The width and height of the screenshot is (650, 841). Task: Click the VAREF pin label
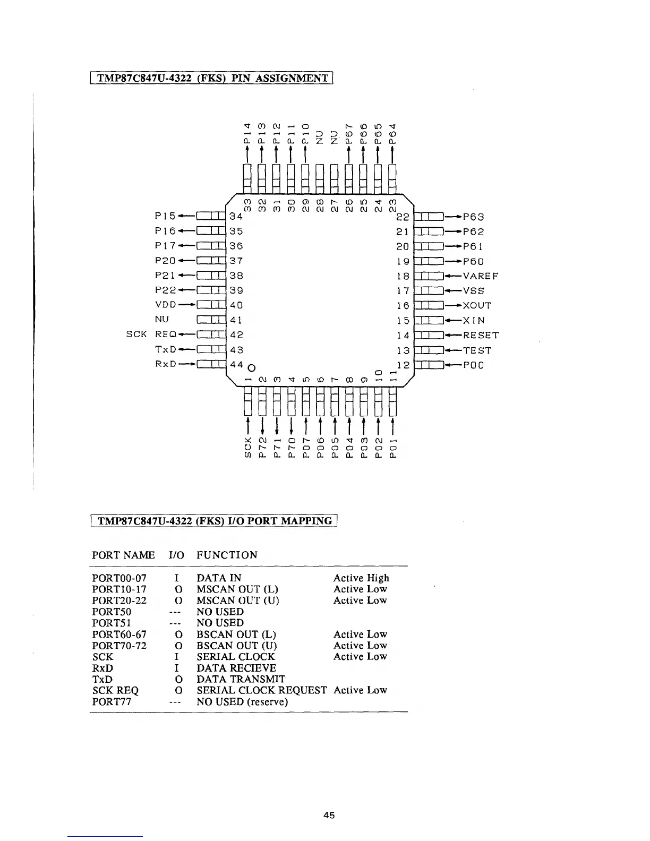pos(481,276)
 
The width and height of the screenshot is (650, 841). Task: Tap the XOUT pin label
pos(477,306)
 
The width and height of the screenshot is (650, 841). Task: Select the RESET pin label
pos(481,336)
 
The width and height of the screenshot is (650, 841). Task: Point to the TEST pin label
pos(477,350)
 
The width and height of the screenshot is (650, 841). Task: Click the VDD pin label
pos(165,305)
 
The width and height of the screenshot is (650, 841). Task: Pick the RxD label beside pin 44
pos(165,364)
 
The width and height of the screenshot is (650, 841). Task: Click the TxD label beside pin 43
pos(165,349)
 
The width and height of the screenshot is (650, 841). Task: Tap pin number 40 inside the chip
pos(236,305)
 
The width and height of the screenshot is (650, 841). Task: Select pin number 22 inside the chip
pos(403,217)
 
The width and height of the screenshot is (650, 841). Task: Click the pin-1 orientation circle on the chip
pos(252,367)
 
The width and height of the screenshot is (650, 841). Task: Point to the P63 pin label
pos(474,217)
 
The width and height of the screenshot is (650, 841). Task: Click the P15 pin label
pos(165,216)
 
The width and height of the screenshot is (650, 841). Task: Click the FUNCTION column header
pos(227,555)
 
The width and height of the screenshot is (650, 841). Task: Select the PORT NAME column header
pos(123,555)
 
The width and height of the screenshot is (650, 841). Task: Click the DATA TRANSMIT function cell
pos(241,679)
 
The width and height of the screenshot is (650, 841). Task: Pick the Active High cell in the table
pos(361,578)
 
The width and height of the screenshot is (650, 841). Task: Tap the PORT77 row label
pos(112,702)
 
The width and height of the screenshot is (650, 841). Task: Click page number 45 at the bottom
pos(329,816)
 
